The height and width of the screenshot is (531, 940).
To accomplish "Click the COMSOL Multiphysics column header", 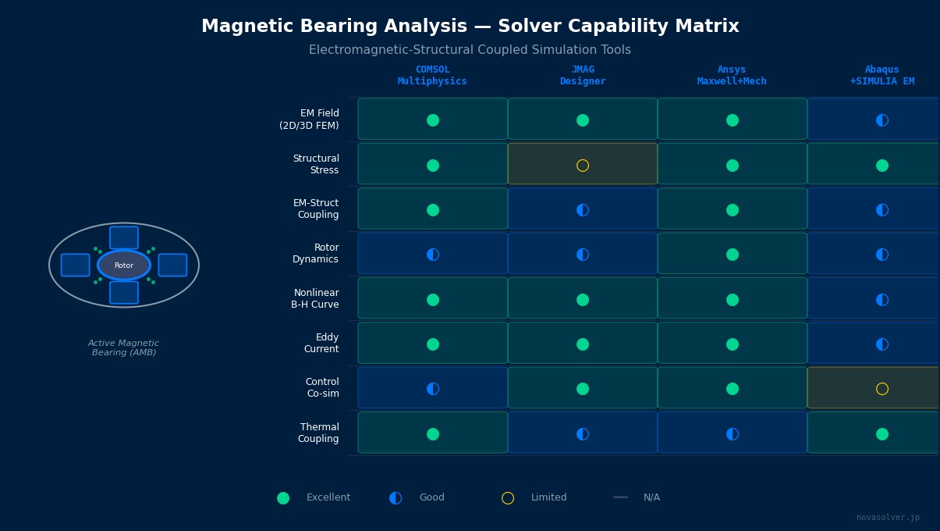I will coord(432,76).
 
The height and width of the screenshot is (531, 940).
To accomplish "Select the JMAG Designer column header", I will coord(583,76).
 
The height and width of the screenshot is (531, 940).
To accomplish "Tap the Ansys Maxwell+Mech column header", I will coord(732,76).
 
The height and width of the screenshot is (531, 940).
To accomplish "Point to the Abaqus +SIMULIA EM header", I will coord(882,76).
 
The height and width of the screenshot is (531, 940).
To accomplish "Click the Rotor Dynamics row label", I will coord(315,254).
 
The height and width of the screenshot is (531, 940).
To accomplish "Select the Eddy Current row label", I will coord(321,344).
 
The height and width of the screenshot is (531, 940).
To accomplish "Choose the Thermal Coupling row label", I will coord(319,433).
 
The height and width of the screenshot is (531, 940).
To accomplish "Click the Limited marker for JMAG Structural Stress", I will coord(583,166).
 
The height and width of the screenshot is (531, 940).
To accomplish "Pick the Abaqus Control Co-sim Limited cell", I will coord(882,389).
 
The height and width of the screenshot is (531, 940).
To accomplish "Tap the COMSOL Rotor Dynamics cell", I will coord(433,255).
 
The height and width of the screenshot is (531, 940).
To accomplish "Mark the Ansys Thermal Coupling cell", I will coord(732,434).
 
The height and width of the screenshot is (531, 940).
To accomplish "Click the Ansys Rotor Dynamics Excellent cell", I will coord(732,255).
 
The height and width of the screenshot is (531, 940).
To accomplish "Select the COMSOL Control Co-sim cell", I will coord(433,389).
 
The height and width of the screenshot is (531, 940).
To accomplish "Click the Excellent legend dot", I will coord(283,498).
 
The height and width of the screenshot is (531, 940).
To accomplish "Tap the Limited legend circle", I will coord(508,498).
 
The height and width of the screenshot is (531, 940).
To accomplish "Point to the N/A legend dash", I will coord(620,497).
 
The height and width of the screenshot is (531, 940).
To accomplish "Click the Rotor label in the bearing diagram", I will coord(124,265).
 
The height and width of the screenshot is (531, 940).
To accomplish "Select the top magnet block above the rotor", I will coord(124,237).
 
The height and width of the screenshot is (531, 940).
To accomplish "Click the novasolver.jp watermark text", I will coord(888,518).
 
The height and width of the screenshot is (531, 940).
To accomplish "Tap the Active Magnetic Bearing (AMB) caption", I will coord(123,348).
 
